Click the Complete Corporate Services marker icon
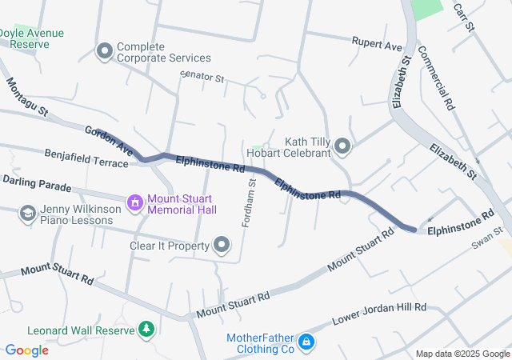104,52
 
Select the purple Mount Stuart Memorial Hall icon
135,203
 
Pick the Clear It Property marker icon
222,245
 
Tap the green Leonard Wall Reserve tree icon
146,329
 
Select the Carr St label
464,16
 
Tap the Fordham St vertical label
249,202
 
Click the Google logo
26,350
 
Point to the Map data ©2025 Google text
462,354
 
